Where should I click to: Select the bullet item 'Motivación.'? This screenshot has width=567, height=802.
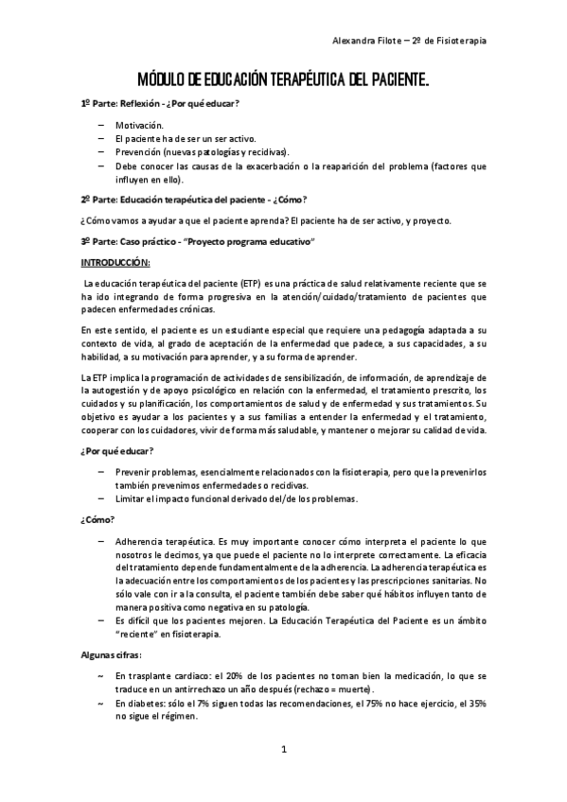139,125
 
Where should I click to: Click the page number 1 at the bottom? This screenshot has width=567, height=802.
282,750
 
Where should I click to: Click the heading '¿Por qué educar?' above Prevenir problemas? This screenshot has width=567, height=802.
117,451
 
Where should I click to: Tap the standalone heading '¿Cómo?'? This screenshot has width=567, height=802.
98,518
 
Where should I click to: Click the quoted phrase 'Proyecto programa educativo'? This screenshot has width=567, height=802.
255,242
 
